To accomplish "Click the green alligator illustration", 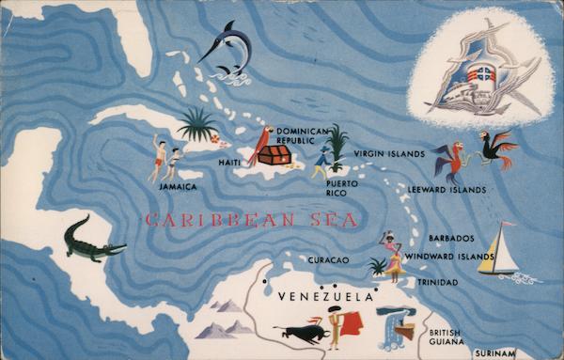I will pos(92,242).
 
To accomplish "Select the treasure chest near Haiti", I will pos(274,154).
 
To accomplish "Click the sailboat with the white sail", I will pos(498,252).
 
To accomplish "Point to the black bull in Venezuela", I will pos(301,332).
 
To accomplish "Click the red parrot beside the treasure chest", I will pos(255,146).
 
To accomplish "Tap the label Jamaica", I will pos(178,187).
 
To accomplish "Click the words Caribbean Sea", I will pos(251,221).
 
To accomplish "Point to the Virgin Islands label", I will pos(389,153).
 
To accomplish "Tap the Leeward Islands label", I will pos(446,190).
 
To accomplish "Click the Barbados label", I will pos(451,239).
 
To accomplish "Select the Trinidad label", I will pos(438,282).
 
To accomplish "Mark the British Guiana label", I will pos(446,337).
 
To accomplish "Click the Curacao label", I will pos(329,259).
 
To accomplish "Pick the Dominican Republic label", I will pos(303,136).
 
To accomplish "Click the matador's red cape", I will pos(352,324).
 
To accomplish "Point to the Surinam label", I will pos(494,353).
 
